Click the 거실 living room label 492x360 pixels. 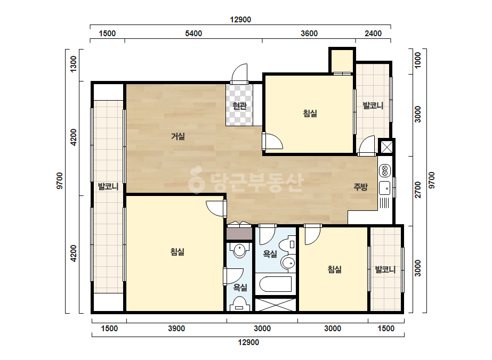[x=178, y=136]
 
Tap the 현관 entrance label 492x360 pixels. [x=239, y=106]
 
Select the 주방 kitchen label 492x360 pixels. [x=360, y=187]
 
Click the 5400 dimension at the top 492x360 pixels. [x=193, y=34]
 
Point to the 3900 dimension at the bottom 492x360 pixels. [x=176, y=329]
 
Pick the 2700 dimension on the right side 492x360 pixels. [x=418, y=190]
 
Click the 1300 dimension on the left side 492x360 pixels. [x=73, y=64]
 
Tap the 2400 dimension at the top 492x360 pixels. [x=373, y=34]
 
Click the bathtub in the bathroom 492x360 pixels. [x=276, y=284]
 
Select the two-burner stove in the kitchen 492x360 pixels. [x=385, y=171]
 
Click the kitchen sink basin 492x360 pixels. [x=385, y=188]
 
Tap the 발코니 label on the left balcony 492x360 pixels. [x=108, y=186]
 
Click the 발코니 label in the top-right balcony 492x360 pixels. [x=373, y=105]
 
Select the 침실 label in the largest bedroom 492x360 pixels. [x=178, y=252]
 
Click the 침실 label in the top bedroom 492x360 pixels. [x=310, y=113]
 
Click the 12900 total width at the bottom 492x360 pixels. [x=248, y=342]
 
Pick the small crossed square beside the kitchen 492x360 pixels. [x=386, y=147]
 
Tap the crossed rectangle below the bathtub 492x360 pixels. [x=276, y=305]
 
